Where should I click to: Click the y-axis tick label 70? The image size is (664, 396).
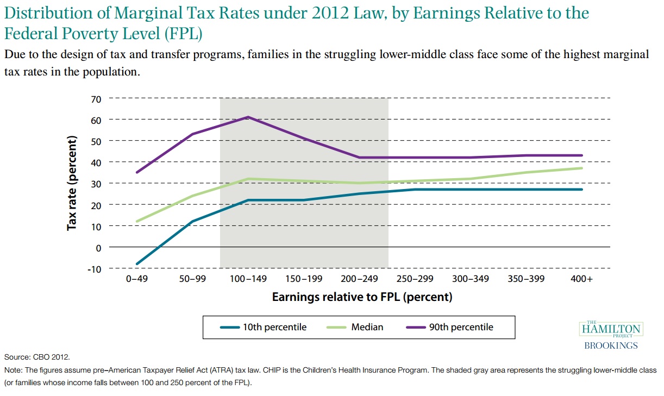[x=97, y=98]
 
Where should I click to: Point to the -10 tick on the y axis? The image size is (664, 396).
[x=95, y=268]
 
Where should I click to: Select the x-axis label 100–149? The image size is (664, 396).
[x=248, y=279]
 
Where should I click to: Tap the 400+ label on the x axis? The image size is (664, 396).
[x=582, y=279]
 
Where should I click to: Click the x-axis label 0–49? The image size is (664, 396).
[x=136, y=279]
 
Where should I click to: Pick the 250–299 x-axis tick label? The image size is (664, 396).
[x=415, y=279]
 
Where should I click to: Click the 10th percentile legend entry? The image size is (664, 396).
[x=264, y=327]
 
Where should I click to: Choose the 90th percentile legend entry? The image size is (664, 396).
[x=449, y=327]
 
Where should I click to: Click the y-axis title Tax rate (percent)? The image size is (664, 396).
[x=72, y=183]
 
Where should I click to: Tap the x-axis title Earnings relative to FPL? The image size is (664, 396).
[x=362, y=297]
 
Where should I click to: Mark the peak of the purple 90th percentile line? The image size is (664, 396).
[x=248, y=117]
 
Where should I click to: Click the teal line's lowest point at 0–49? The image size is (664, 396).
[x=137, y=264]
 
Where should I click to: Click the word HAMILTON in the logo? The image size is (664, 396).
[x=611, y=329]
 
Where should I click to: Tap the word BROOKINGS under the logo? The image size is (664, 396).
[x=611, y=345]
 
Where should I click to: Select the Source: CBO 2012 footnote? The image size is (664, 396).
[x=37, y=357]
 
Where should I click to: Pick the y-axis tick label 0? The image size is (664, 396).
[x=99, y=247]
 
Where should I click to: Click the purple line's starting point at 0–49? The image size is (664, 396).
[x=137, y=172]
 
